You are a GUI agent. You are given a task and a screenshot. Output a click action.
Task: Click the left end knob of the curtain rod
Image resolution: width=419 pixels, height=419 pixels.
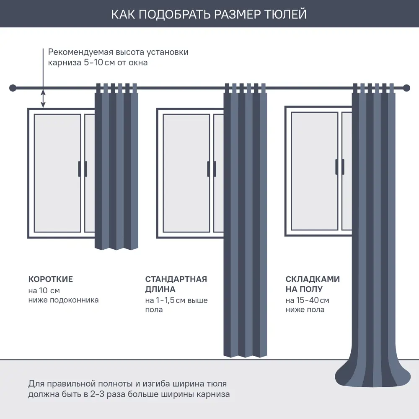click(13, 88)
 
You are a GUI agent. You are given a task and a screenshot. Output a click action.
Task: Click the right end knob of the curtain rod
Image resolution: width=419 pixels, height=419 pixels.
click(406, 88)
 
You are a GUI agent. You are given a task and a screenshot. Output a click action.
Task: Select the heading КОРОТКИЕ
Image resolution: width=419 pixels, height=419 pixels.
click(50, 279)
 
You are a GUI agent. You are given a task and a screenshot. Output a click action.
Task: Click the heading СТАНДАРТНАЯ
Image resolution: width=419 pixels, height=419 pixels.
click(176, 279)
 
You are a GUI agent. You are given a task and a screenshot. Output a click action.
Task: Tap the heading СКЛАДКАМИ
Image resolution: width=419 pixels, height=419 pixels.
click(313, 279)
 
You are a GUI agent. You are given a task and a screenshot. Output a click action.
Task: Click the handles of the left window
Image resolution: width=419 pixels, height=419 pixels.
click(83, 169)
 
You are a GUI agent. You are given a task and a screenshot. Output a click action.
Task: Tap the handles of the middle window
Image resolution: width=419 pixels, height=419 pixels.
click(212, 169)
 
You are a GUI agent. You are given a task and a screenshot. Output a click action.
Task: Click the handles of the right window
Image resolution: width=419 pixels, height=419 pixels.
click(340, 166)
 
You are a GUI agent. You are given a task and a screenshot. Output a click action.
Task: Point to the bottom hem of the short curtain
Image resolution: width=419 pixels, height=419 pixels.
click(116, 248)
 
